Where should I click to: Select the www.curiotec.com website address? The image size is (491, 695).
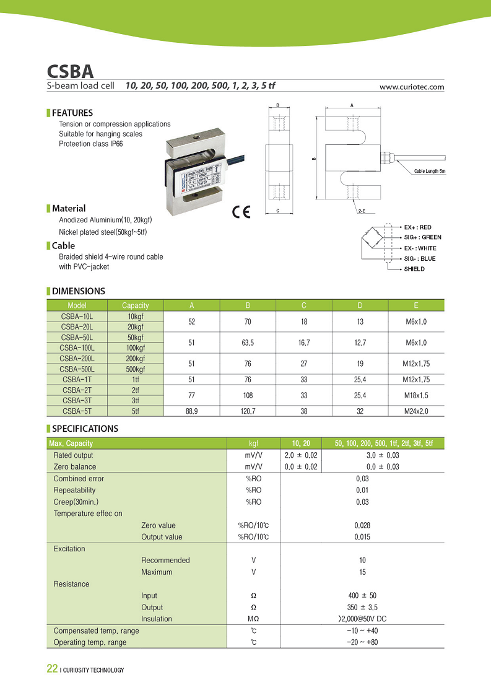coord(412,87)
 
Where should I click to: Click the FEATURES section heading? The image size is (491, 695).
coord(72,113)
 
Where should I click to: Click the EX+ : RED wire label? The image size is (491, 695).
coord(417,227)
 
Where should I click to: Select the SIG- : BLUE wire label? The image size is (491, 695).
coord(419,258)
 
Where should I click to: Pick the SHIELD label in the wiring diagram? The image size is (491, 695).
coord(414,269)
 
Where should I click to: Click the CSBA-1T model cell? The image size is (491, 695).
coord(77,380)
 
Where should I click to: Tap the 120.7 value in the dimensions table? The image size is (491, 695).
coord(248,411)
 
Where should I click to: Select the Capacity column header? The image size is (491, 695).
coord(136,305)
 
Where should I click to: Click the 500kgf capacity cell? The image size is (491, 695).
coord(136,369)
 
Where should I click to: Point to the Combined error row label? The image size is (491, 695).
coord(79,479)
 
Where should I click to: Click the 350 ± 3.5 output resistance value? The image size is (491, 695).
coord(362,607)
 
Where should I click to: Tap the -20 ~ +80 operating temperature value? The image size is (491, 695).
coord(362,642)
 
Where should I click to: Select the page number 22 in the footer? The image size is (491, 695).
coord(52,669)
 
